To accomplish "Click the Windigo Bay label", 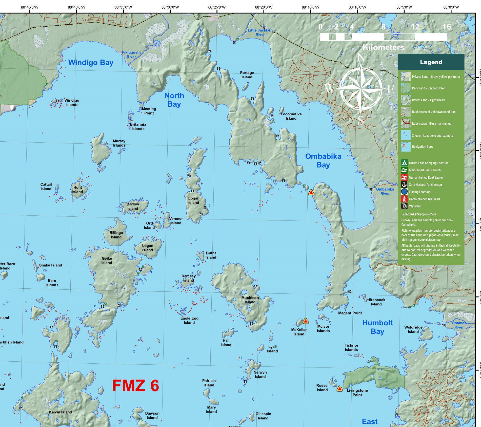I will pyautogui.click(x=91, y=63).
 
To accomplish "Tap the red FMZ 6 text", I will pyautogui.click(x=135, y=386).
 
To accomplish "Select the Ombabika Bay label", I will pyautogui.click(x=323, y=160).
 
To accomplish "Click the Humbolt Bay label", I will pyautogui.click(x=377, y=327).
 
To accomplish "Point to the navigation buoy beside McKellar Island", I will pyautogui.click(x=306, y=321).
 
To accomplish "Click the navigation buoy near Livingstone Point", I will pyautogui.click(x=339, y=388).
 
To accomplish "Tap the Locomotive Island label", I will pyautogui.click(x=291, y=116).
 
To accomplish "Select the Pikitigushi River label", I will pyautogui.click(x=131, y=54).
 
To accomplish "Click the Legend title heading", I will pyautogui.click(x=431, y=62).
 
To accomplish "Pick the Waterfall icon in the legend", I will pyautogui.click(x=404, y=206).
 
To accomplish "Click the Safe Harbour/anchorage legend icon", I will pyautogui.click(x=404, y=184).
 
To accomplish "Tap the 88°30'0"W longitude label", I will pyautogui.click(x=170, y=7).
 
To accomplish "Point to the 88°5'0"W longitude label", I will pyautogui.click(x=404, y=7).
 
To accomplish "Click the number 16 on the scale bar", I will pyautogui.click(x=447, y=27).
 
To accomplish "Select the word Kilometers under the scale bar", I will pyautogui.click(x=383, y=47).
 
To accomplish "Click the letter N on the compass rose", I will pyautogui.click(x=361, y=57).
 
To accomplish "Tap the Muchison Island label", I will pyautogui.click(x=250, y=300).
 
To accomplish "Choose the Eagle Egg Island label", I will pyautogui.click(x=189, y=320).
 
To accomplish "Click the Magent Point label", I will pyautogui.click(x=350, y=313).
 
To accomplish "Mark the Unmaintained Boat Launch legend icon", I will pyautogui.click(x=404, y=177).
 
